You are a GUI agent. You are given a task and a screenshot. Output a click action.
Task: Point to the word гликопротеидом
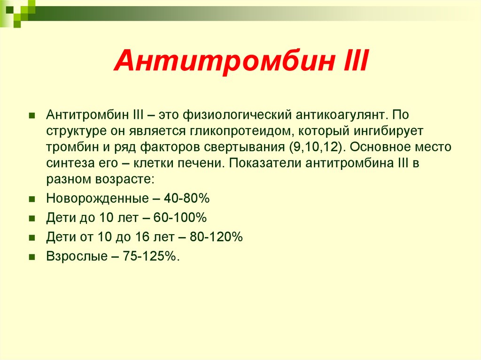click(x=242, y=131)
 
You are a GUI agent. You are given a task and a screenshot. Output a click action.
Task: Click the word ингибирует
click(x=388, y=131)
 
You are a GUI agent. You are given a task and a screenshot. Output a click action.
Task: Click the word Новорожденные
click(x=97, y=199)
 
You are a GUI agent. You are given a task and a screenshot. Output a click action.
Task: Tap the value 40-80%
click(x=186, y=199)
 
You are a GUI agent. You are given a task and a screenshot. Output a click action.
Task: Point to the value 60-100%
click(x=180, y=218)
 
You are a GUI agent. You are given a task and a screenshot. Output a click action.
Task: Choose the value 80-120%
click(x=216, y=237)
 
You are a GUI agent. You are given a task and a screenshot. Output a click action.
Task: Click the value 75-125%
click(x=151, y=256)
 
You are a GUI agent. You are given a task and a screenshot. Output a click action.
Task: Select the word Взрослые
click(x=77, y=257)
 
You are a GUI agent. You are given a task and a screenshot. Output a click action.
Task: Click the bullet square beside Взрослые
click(x=31, y=257)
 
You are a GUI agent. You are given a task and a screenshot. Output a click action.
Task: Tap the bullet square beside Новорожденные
click(x=31, y=199)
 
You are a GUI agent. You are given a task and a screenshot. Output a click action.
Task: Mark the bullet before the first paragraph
click(x=31, y=115)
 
